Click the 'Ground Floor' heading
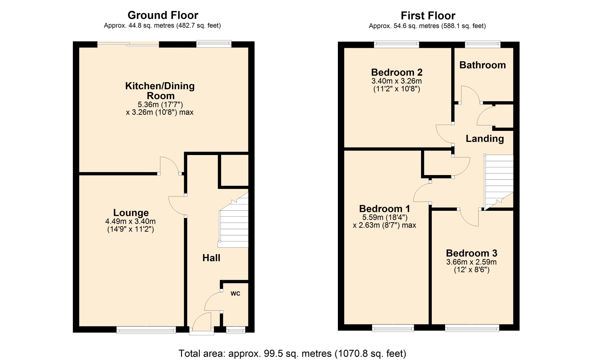[x=163, y=15]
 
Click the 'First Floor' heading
[x=428, y=15]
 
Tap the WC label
[x=235, y=293]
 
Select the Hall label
[x=211, y=258]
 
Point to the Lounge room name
[x=131, y=213]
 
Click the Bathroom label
[x=482, y=65]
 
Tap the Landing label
[x=485, y=139]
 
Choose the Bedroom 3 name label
[x=472, y=253]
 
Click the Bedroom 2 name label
[x=397, y=72]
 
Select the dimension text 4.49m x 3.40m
[x=130, y=221]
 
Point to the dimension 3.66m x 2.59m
[x=471, y=262]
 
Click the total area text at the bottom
[x=292, y=354]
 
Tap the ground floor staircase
[x=233, y=220]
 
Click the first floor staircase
[x=499, y=182]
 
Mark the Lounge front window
[x=146, y=330]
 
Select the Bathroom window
[x=483, y=44]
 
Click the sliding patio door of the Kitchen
[x=128, y=44]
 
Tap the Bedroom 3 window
[x=472, y=328]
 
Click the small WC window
[x=236, y=330]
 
